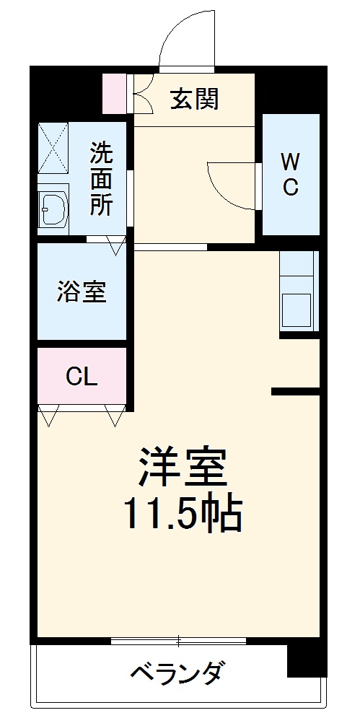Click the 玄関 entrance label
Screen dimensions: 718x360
click(194, 98)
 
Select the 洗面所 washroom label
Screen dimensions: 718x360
click(101, 179)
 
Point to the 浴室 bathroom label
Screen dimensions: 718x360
click(82, 292)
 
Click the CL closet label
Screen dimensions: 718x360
click(82, 377)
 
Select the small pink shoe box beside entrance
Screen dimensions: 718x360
click(114, 93)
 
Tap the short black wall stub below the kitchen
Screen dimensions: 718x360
click(295, 392)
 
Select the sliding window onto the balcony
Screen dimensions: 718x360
click(178, 641)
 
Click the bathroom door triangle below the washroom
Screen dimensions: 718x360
click(116, 245)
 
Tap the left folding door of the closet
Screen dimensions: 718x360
click(50, 416)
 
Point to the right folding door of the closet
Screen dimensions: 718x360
click(114, 416)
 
